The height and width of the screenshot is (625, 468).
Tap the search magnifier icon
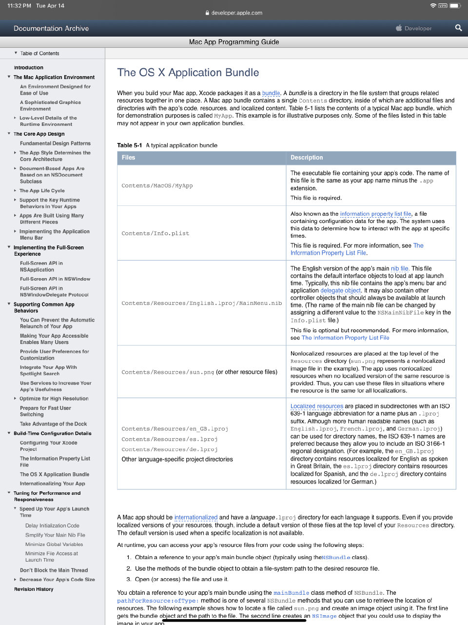[x=458, y=28]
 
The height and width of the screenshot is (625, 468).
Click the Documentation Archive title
[x=51, y=28]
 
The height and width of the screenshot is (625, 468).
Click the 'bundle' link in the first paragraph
[x=271, y=93]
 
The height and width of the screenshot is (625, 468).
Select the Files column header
[x=129, y=158]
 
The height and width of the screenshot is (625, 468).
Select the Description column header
[x=307, y=158]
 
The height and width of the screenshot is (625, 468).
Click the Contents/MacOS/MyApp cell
[x=157, y=185]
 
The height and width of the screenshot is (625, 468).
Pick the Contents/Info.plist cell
[x=156, y=233]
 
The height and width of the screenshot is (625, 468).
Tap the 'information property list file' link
[x=375, y=214]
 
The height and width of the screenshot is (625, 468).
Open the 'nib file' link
[x=399, y=268]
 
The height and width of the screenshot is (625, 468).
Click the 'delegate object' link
[x=340, y=290]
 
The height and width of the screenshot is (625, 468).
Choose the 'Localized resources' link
[x=317, y=406]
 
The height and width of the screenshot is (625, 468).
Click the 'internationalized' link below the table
[x=196, y=517]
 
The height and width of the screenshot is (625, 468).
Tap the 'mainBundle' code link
[x=291, y=593]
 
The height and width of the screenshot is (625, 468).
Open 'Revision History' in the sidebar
[x=34, y=589]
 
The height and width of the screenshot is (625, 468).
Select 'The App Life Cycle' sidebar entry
[x=42, y=191]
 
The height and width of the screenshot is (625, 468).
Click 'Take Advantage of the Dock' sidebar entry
[x=53, y=424]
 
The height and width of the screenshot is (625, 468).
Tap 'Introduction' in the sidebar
[x=28, y=67]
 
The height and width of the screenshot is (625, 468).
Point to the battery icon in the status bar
[x=454, y=6]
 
